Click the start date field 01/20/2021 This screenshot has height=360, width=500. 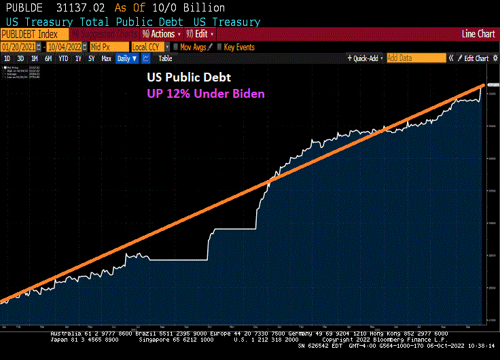pyautogui.click(x=18, y=47)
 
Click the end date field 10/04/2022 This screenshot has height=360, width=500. pyautogui.click(x=65, y=47)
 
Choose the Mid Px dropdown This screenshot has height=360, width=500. pyautogui.click(x=109, y=47)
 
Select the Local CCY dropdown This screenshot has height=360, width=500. pyautogui.click(x=149, y=47)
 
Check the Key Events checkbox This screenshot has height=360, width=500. pyautogui.click(x=219, y=47)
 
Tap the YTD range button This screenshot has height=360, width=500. pyautogui.click(x=63, y=58)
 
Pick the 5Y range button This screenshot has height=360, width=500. pyautogui.click(x=91, y=58)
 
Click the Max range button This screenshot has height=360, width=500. pyautogui.click(x=106, y=58)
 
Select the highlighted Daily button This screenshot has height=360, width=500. pyautogui.click(x=126, y=58)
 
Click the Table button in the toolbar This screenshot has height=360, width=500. pyautogui.click(x=166, y=58)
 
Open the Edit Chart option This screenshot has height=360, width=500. pyautogui.click(x=476, y=58)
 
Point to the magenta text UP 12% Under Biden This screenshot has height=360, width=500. pyautogui.click(x=206, y=94)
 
